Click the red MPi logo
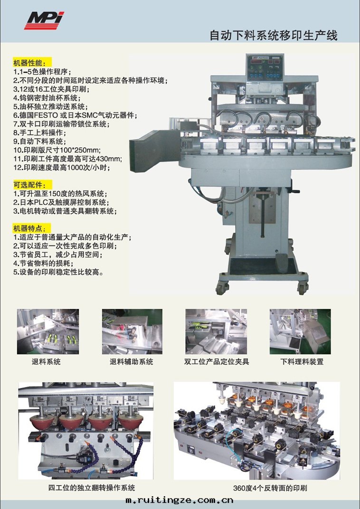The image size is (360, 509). pos(44,20)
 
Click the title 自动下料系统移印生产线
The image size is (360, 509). pos(274,36)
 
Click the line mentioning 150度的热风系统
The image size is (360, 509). pos(60,194)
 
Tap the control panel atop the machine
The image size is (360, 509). pos(265,67)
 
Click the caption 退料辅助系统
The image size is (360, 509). pos(132,362)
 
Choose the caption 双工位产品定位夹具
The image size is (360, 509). pos(217,362)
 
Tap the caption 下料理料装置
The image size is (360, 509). pos(302,362)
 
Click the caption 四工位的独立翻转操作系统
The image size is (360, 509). pos(92,488)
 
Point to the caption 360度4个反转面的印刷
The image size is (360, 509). pos(270,488)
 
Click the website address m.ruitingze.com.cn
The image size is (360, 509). pos(180,500)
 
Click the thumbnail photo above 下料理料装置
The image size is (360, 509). pos(300,331)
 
